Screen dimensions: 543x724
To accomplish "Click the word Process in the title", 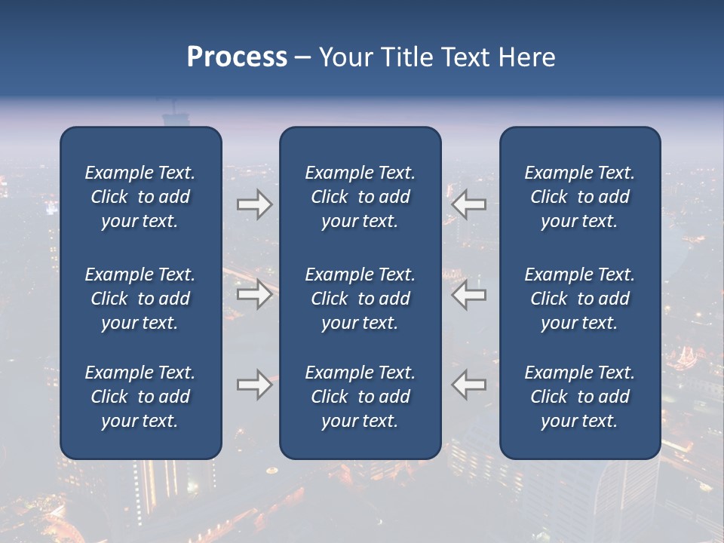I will click(x=237, y=57).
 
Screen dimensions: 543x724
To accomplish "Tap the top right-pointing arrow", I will click(x=255, y=204).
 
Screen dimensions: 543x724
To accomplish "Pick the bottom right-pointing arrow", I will click(x=255, y=385).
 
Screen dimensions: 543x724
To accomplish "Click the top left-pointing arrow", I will click(x=468, y=204).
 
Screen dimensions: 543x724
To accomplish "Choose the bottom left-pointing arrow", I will click(x=468, y=385).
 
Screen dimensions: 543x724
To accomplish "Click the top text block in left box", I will click(x=140, y=197).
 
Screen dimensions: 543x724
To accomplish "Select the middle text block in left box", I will click(x=140, y=299).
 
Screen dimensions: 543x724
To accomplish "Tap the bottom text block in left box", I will click(x=140, y=397).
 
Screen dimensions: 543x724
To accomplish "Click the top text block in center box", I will click(x=360, y=197).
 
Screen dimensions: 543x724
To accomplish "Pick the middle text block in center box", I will click(x=360, y=299).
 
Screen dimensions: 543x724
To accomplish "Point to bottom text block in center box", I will click(x=360, y=397).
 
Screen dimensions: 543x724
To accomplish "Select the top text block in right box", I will click(x=579, y=197).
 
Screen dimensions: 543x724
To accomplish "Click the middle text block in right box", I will click(x=579, y=299).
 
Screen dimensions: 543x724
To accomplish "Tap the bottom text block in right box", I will click(x=579, y=397).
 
